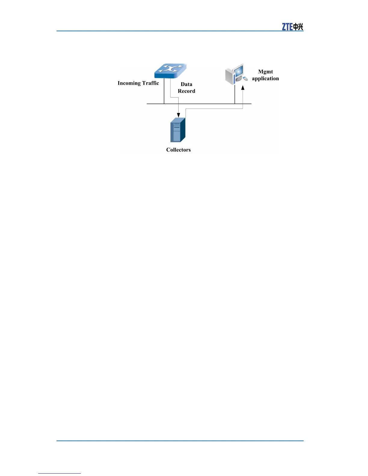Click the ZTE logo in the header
click(292, 27)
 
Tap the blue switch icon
click(170, 71)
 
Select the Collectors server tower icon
click(178, 130)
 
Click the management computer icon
click(236, 74)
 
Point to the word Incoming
click(129, 83)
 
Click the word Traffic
click(151, 83)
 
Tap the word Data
click(186, 84)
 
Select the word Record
click(186, 91)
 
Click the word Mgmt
click(265, 72)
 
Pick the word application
click(265, 78)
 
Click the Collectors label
click(178, 150)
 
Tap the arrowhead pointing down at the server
click(179, 115)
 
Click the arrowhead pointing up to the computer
click(243, 87)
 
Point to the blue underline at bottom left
click(60, 473)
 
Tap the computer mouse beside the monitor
click(245, 79)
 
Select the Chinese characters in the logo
click(298, 27)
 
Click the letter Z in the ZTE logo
click(284, 27)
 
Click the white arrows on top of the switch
click(170, 69)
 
